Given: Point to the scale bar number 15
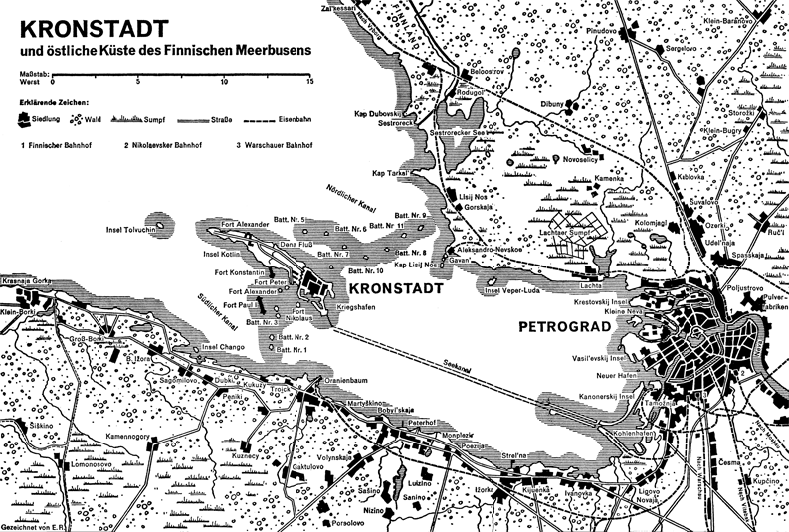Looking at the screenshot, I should (310, 82).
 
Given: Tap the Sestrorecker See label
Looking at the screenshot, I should (461, 131).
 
